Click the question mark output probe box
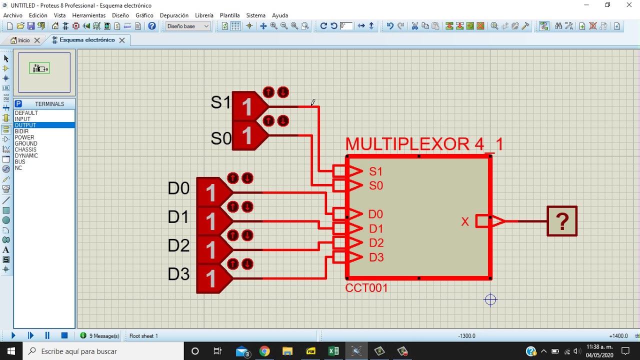(562, 221)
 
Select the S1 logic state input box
(247, 106)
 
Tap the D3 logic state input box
(211, 278)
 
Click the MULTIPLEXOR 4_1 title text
(424, 144)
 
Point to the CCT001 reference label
(366, 288)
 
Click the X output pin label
(465, 221)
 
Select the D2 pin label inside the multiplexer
(376, 243)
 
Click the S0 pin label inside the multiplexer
(376, 186)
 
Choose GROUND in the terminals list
(25, 143)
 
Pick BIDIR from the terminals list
(21, 131)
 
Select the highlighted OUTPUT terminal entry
(25, 125)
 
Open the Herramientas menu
(89, 15)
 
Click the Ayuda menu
(280, 15)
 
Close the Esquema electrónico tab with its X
(122, 40)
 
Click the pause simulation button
(47, 336)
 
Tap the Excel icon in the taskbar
(333, 351)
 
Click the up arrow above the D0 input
(232, 178)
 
